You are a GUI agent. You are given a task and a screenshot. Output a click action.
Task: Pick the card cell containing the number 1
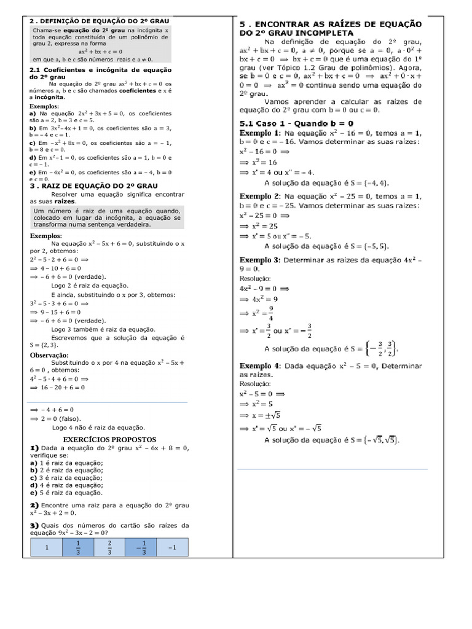(x=47, y=548)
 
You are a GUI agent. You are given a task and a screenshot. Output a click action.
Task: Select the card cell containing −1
(x=173, y=548)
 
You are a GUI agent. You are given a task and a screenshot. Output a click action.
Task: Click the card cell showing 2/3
(x=109, y=548)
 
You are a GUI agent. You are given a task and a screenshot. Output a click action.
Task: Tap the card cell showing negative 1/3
(x=141, y=548)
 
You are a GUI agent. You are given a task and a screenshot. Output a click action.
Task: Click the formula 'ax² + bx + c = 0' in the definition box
(x=100, y=52)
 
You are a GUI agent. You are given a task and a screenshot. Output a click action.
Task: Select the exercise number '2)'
(x=34, y=504)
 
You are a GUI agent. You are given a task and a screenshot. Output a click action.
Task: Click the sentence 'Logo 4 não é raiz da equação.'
(x=98, y=427)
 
